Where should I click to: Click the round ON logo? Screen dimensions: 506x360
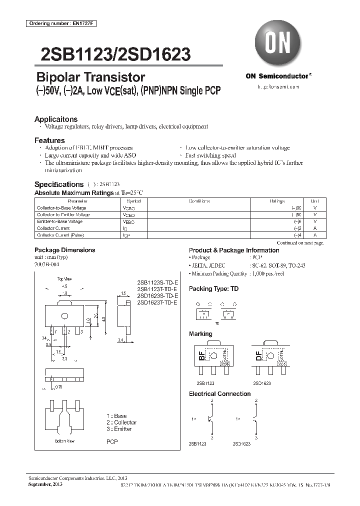click(277, 44)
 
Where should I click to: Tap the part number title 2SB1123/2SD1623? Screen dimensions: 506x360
click(112, 54)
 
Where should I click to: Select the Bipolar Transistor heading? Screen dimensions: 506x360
click(90, 77)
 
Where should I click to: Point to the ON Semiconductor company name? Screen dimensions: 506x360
click(278, 76)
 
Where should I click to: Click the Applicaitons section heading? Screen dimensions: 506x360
click(56, 119)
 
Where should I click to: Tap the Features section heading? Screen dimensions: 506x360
click(49, 140)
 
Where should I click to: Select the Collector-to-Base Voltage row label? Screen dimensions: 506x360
click(61, 207)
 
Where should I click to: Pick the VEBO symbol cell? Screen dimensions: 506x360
click(128, 221)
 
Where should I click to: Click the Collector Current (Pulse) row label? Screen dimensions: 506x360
click(60, 235)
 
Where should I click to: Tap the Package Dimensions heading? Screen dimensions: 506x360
click(64, 250)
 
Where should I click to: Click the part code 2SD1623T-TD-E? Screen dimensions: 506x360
click(156, 302)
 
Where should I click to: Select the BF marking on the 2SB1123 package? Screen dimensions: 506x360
click(201, 356)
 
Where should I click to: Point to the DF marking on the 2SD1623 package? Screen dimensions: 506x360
click(258, 356)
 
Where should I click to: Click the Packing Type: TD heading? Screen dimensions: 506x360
click(213, 289)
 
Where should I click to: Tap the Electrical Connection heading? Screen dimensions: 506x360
click(219, 394)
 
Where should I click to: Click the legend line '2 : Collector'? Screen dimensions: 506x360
click(121, 422)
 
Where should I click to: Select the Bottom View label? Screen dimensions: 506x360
click(65, 441)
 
